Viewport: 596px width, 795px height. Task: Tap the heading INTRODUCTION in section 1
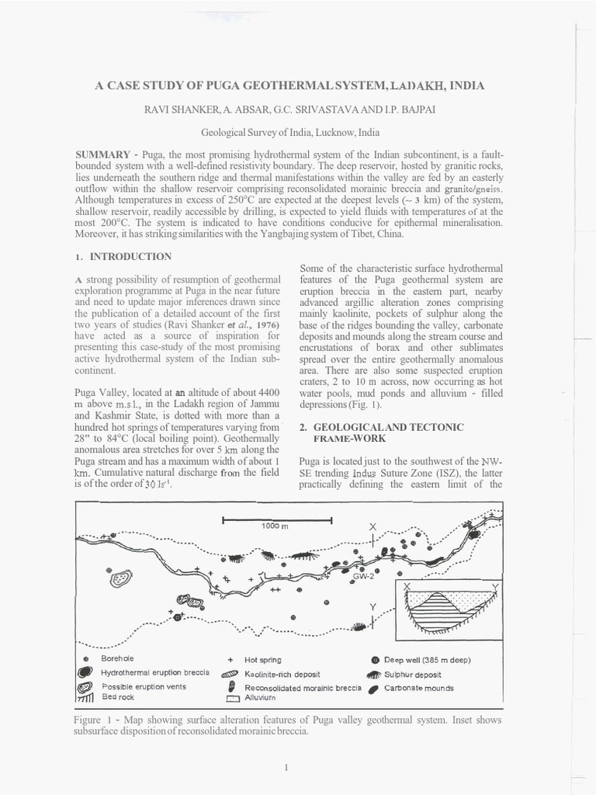[x=131, y=255]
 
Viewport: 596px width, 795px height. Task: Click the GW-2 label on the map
[x=364, y=577]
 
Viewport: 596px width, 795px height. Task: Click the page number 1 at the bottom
[x=286, y=768]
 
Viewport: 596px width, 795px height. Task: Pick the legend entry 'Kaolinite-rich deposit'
[x=282, y=674]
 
